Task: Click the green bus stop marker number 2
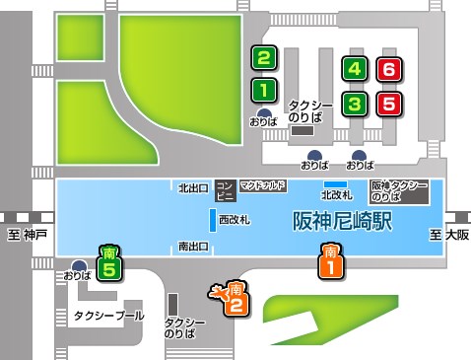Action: [x=263, y=57]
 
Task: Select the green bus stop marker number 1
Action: [x=263, y=90]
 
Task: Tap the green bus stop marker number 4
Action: [x=357, y=69]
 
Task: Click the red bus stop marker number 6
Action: [x=389, y=69]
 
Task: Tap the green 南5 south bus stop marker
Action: [x=111, y=263]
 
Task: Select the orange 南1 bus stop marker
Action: [x=332, y=259]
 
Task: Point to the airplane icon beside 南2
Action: [x=216, y=290]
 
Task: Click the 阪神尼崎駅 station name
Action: [x=341, y=221]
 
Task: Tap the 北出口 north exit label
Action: [x=192, y=186]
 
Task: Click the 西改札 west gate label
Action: [x=234, y=217]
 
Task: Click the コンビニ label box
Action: [x=224, y=188]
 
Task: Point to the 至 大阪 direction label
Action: [x=448, y=235]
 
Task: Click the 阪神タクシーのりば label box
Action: [x=399, y=190]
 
